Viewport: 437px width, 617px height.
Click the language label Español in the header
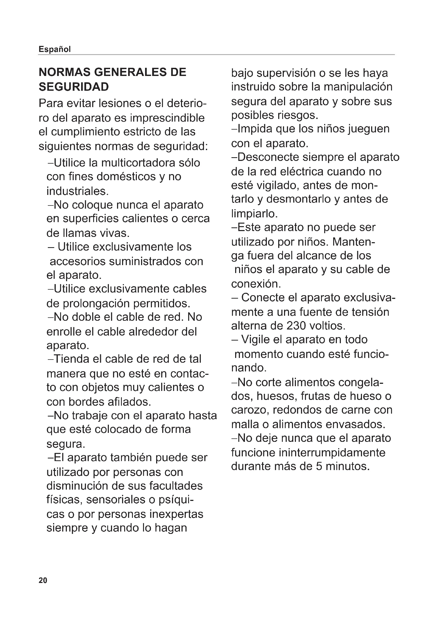tap(55, 49)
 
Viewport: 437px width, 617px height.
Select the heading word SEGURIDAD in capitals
tap(74, 87)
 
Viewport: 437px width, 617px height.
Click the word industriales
tap(77, 191)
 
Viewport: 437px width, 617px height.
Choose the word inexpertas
tap(176, 514)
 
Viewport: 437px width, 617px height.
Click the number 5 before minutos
tap(319, 466)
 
